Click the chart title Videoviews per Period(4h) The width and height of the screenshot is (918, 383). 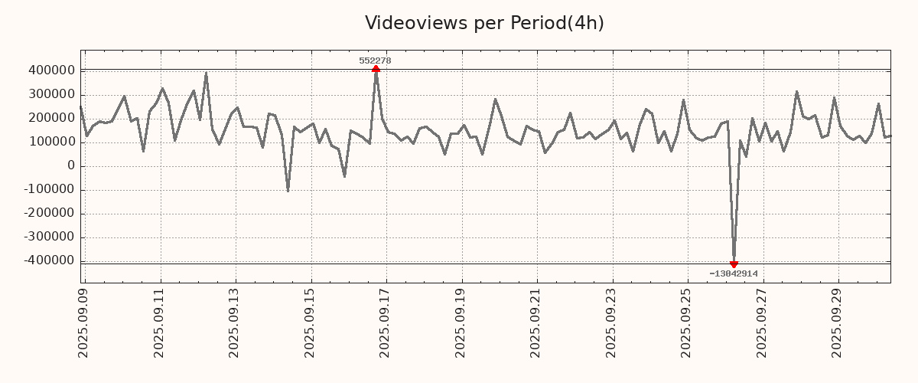(484, 23)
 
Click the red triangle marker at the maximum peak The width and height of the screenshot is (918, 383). (376, 69)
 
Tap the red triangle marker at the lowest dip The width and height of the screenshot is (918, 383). (734, 264)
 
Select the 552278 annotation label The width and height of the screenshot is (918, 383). (375, 61)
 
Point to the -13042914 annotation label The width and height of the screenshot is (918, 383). (733, 273)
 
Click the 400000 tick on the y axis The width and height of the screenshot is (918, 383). (50, 70)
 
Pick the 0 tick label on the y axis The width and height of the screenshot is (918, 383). (71, 165)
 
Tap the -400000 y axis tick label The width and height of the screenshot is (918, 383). (48, 260)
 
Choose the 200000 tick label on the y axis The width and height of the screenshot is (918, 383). (50, 118)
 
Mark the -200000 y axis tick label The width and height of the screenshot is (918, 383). (48, 213)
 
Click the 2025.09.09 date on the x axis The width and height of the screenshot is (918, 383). (84, 322)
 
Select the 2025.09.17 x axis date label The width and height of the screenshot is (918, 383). (386, 322)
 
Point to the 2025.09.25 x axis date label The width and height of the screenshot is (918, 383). (687, 322)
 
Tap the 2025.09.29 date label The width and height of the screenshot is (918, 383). (838, 322)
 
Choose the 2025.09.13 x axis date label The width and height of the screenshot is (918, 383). (235, 322)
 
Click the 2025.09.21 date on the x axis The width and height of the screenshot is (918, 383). (536, 322)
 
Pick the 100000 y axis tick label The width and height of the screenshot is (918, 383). (50, 142)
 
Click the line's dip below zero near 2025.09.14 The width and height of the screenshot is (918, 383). (288, 190)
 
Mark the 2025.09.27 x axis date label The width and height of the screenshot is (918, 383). (762, 322)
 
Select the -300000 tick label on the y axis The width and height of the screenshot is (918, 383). (48, 237)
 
